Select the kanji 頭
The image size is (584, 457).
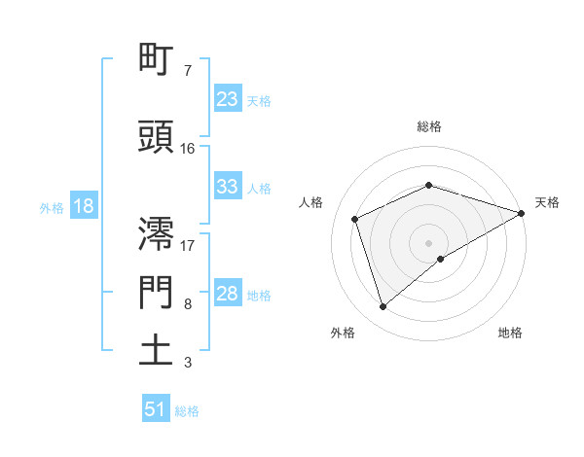click(157, 137)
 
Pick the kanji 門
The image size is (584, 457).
click(157, 293)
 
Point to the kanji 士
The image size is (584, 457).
click(157, 350)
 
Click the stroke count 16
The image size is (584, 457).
click(188, 149)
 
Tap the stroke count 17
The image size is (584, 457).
click(188, 244)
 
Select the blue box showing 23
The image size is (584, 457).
click(228, 99)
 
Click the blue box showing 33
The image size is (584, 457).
click(228, 187)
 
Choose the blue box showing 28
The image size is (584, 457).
click(228, 294)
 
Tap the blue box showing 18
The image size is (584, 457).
click(83, 207)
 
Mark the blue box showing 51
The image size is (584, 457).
click(156, 409)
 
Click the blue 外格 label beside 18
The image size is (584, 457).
click(52, 208)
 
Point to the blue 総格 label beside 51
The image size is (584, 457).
click(187, 410)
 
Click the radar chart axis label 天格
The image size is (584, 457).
click(547, 202)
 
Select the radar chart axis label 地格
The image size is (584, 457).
click(510, 333)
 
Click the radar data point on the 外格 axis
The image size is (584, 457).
click(383, 307)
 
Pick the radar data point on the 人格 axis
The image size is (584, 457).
click(355, 219)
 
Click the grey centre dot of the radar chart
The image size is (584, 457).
click(428, 242)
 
